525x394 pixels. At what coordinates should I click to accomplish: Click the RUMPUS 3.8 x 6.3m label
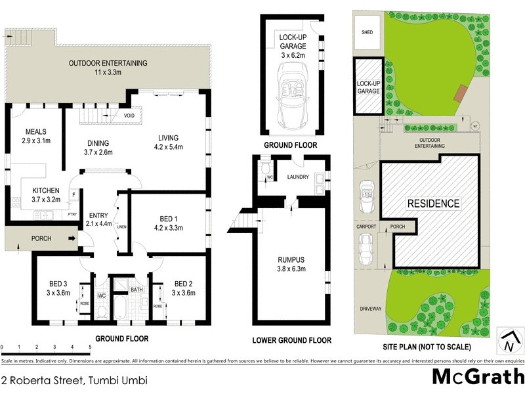[291, 263]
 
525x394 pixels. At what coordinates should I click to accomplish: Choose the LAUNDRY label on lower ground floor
[299, 177]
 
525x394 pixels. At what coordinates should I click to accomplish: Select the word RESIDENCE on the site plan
[434, 204]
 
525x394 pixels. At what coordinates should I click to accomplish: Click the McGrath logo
[477, 376]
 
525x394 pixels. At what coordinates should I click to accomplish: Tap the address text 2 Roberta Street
[73, 380]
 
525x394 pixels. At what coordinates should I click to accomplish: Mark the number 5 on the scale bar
[89, 346]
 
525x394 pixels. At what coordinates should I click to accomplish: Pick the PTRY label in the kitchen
[72, 215]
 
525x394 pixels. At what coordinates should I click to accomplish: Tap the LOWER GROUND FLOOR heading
[292, 340]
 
